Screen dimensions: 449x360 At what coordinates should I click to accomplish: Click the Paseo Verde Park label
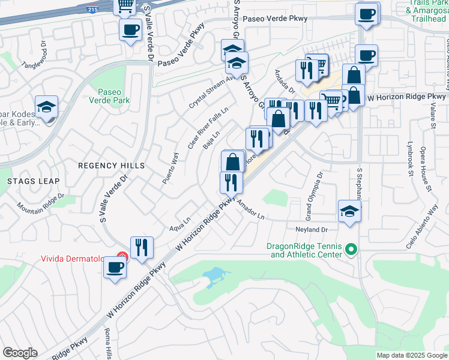click(x=110, y=97)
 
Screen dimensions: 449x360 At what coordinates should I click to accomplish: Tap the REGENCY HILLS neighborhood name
click(x=112, y=165)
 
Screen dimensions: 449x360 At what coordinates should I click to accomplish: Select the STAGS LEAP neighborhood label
click(x=33, y=181)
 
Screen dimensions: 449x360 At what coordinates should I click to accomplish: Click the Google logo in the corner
click(x=20, y=353)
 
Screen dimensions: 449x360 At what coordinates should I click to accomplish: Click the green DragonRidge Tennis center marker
click(x=353, y=248)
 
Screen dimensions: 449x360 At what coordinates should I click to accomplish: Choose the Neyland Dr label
click(x=310, y=230)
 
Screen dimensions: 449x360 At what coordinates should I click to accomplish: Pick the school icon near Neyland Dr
click(x=349, y=211)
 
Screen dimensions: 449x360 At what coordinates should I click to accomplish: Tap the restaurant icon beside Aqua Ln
click(x=142, y=247)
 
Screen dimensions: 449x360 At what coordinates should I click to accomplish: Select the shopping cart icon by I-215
click(x=126, y=6)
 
